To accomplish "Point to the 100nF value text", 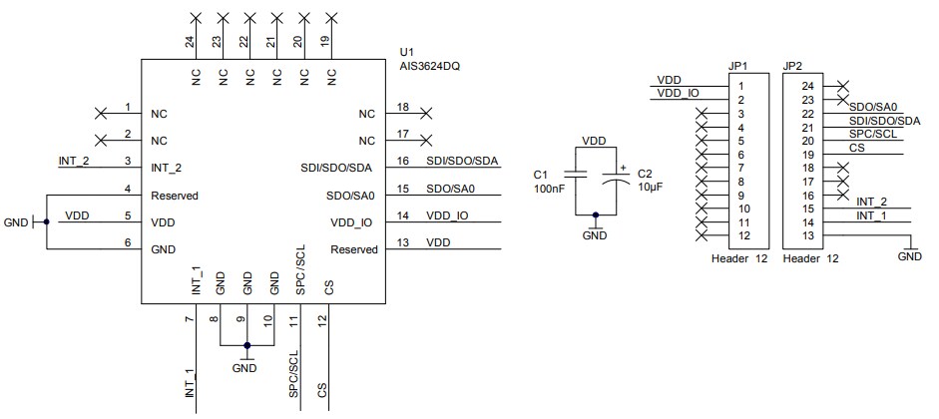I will [550, 188].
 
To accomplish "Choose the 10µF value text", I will [651, 188].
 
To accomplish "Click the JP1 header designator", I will [738, 66].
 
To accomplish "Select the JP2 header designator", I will [793, 66].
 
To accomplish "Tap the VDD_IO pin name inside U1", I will [352, 221].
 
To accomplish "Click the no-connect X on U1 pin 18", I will [426, 113].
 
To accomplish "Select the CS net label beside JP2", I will [856, 148].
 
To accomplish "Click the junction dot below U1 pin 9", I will [247, 345].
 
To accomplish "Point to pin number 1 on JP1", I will [741, 87].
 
